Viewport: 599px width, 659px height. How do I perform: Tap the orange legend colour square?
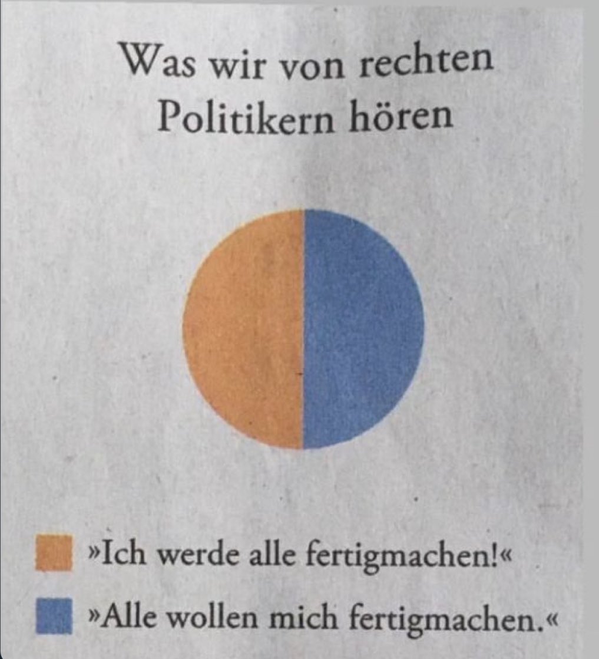click(x=54, y=552)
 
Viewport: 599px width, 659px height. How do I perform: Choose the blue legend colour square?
click(x=54, y=614)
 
